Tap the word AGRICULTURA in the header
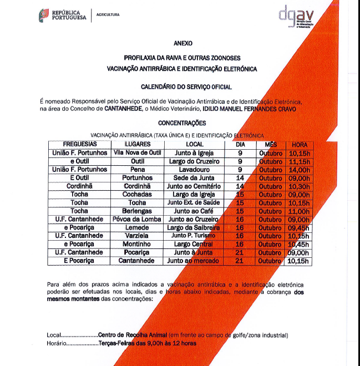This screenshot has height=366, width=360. [108, 14]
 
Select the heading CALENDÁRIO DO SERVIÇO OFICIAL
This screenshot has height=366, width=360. [186, 87]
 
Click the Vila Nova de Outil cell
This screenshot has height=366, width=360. [137, 152]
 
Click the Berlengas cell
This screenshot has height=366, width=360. [137, 211]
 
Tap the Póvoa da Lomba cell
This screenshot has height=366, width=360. [137, 219]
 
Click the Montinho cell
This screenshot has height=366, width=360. [137, 244]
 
